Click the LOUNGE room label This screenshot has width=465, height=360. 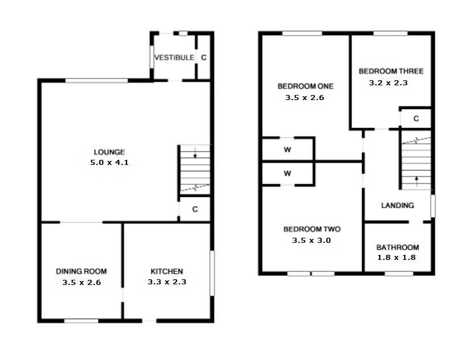pos(109,152)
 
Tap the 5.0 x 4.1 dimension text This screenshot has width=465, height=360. pos(109,163)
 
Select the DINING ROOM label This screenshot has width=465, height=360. pos(81,271)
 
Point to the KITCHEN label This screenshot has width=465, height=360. pos(166,271)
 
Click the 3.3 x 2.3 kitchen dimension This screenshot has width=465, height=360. pos(166,282)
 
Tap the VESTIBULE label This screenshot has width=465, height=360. pos(174,57)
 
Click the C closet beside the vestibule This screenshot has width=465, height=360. pos(203,57)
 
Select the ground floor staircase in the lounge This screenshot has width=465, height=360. pos(195,169)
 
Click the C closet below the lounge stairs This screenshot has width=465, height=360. pos(195,209)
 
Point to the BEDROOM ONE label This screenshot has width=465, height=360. pos(305,86)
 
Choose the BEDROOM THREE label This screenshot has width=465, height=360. pos(390,71)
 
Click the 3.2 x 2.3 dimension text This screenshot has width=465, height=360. pos(389,82)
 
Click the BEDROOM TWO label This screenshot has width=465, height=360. pos(312,229)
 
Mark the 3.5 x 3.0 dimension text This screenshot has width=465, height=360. pos(311,241)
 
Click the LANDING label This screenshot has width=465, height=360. pos(397,205)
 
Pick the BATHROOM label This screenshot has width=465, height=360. pos(398,247)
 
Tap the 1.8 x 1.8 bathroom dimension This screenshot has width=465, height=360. pos(397,258)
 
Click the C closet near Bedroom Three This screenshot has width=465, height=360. pos(416,119)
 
